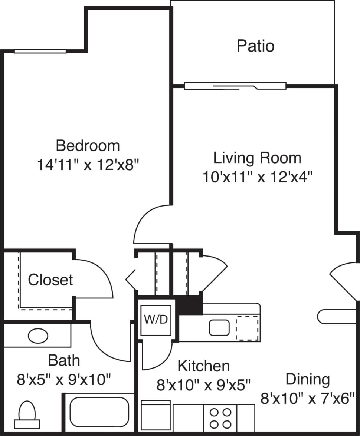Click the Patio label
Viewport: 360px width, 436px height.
(255, 46)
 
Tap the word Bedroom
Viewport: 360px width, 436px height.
(88, 146)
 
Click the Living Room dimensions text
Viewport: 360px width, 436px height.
(257, 177)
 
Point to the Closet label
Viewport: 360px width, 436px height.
(50, 280)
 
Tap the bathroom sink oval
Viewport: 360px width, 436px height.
(38, 336)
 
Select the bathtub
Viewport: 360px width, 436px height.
(99, 412)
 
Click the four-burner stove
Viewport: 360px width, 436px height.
(220, 418)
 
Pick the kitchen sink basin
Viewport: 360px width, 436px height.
(219, 327)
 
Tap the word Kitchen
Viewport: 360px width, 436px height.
(203, 366)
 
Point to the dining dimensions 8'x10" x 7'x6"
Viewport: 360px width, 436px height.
(308, 399)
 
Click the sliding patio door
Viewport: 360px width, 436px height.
(235, 86)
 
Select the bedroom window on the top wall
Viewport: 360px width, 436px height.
(40, 51)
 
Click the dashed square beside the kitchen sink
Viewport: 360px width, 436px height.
(248, 328)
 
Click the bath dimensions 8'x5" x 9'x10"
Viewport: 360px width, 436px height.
(64, 379)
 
